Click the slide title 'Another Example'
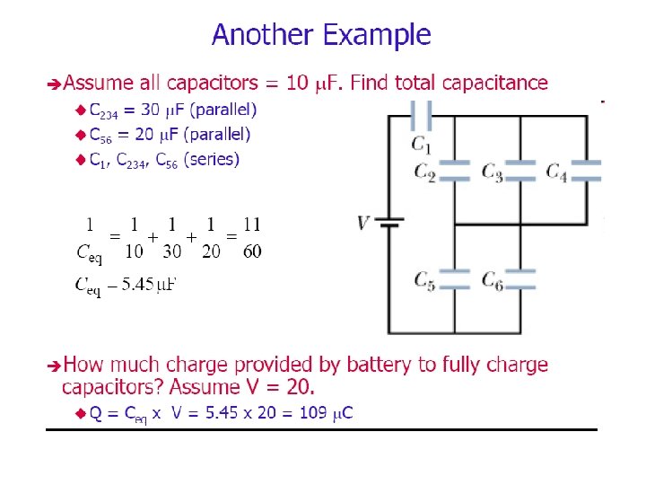321,36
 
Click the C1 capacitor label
422,144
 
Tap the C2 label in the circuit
424,172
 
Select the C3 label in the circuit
492,172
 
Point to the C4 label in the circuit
556,172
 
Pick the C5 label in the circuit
424,280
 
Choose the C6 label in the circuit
492,280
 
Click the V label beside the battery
363,222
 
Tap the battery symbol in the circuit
388,222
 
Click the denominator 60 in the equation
252,251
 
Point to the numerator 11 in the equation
252,224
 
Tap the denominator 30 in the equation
172,251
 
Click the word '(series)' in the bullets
211,160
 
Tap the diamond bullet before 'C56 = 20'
79,135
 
